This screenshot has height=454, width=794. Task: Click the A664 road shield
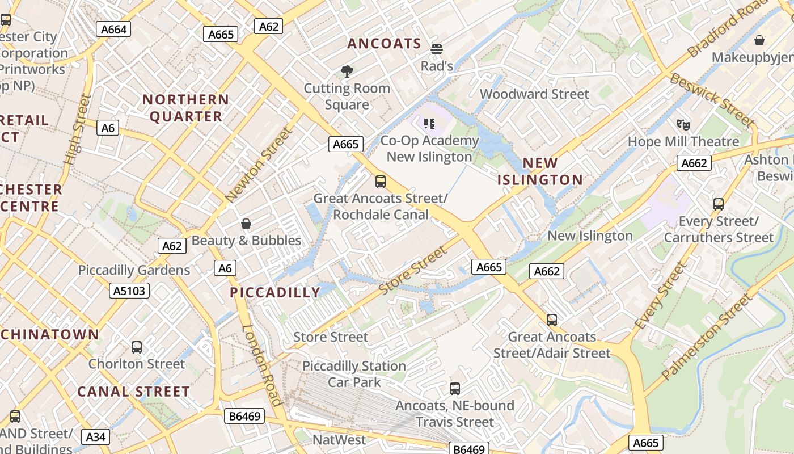point(113,29)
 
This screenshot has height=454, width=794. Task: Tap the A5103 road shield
point(129,291)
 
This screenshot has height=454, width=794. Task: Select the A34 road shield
point(96,436)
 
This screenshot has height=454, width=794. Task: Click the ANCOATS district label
point(384,44)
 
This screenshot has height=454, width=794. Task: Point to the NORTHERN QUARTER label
point(185,108)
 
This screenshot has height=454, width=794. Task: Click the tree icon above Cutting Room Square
point(347,72)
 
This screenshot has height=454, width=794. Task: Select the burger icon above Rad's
point(436,49)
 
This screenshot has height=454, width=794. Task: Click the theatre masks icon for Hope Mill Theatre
point(683,124)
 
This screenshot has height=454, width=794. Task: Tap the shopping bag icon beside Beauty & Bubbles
point(246,224)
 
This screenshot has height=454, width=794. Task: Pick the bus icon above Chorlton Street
point(137,347)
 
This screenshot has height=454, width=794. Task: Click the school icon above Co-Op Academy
point(429,123)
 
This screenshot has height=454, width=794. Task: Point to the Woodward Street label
point(534,94)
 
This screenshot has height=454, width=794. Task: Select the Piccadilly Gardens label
point(134,270)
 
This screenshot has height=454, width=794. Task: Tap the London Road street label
point(261,364)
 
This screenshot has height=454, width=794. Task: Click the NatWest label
point(340,440)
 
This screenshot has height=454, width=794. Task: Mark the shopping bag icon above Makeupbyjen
point(759,40)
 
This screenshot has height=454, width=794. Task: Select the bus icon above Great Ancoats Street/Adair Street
point(552,320)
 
